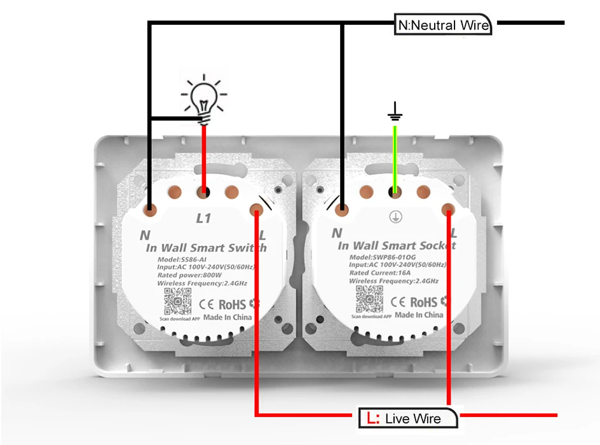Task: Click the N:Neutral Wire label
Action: tap(444, 25)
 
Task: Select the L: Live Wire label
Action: tap(408, 418)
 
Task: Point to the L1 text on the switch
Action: tap(203, 219)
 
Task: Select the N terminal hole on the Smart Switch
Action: tap(149, 209)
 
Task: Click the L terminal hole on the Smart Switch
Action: tap(257, 209)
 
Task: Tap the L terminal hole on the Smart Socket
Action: tap(449, 209)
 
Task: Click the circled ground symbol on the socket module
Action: tap(395, 217)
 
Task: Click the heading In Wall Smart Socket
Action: tap(397, 245)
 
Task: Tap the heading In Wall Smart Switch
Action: tap(207, 248)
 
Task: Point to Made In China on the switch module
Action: tap(228, 317)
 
